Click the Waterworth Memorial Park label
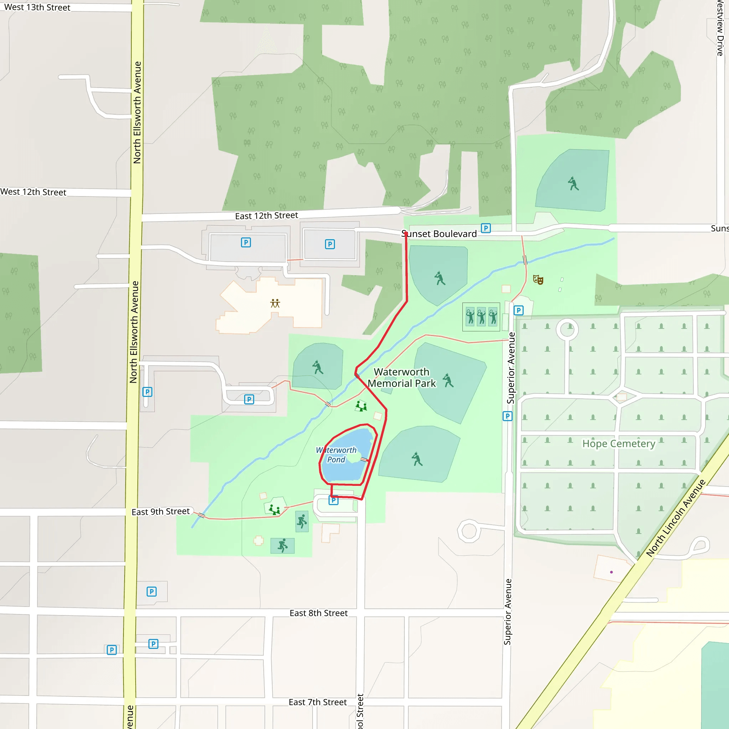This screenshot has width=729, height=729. point(402,378)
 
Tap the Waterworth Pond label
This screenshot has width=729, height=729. point(336,455)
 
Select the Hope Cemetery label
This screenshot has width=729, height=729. point(619,444)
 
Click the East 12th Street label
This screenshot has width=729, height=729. point(266,216)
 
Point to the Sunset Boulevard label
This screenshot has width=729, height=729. point(439,234)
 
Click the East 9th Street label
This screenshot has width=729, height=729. point(161,512)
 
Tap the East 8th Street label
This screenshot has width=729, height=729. point(319,613)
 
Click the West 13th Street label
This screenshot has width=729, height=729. point(37,7)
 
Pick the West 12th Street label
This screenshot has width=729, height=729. point(33,192)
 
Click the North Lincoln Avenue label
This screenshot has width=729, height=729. point(675,518)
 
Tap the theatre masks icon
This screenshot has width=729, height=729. point(538,279)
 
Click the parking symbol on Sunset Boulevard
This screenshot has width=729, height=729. point(486,228)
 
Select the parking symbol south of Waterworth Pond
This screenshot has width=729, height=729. point(334,500)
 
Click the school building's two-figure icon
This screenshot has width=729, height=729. point(275,303)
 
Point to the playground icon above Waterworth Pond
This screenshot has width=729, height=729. point(361,407)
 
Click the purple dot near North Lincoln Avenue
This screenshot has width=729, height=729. point(611,572)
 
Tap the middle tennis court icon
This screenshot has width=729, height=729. point(481,316)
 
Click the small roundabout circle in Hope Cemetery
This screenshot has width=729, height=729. point(567,329)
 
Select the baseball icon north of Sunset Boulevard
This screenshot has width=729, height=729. point(573,184)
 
